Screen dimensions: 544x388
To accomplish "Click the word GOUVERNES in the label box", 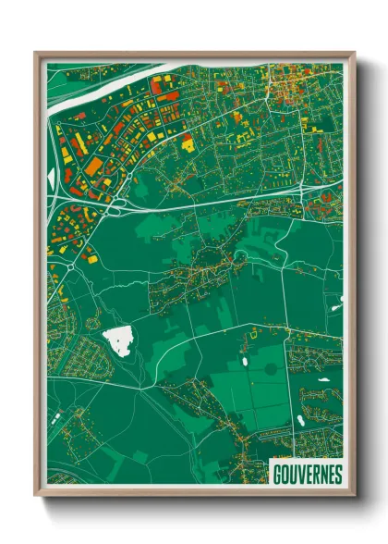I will click(308, 475).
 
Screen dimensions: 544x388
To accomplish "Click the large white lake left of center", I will click(118, 340).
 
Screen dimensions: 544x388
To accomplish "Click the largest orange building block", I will click(95, 166).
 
